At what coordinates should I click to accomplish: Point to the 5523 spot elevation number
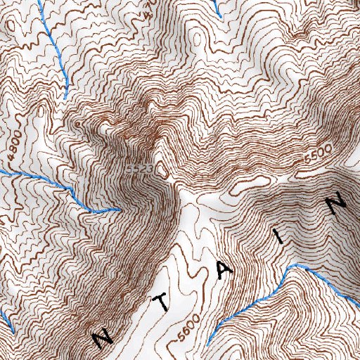(x=141, y=170)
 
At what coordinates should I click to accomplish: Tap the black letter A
(x=223, y=270)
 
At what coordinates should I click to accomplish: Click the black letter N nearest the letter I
(x=337, y=203)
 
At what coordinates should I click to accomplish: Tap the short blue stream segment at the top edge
(x=218, y=8)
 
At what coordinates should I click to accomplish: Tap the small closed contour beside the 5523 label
(x=163, y=169)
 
